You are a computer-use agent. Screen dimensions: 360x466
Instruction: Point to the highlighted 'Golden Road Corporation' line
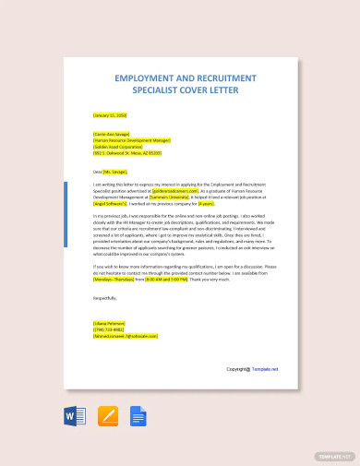[x=119, y=147]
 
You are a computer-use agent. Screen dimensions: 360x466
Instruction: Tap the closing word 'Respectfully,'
[x=106, y=298]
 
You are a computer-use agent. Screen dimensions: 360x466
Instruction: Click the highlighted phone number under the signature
[x=108, y=330]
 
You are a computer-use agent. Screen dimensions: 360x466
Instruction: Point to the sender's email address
[x=126, y=337]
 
